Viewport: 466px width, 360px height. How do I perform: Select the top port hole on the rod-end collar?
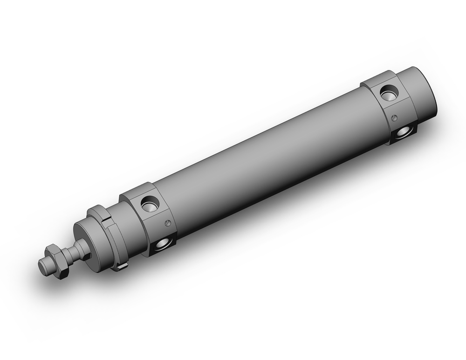pos(150,203)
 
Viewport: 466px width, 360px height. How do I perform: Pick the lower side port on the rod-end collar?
pos(163,243)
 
